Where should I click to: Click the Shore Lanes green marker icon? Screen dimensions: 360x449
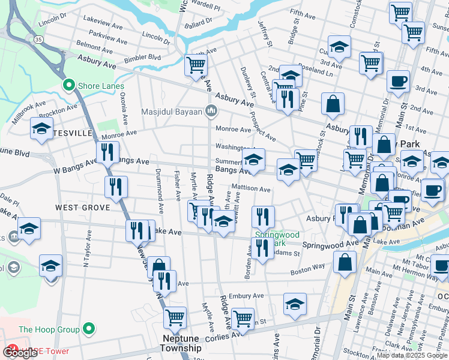click(70, 86)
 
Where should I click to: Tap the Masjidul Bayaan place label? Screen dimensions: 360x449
click(172, 112)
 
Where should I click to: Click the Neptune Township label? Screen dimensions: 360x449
click(181, 343)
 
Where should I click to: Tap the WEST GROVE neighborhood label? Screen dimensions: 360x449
click(82, 207)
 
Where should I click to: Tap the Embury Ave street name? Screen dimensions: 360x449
click(246, 296)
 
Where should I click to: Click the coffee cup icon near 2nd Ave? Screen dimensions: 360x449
click(397, 80)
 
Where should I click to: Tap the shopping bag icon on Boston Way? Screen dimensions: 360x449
click(345, 262)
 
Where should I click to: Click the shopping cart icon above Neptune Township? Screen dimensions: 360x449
click(175, 317)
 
